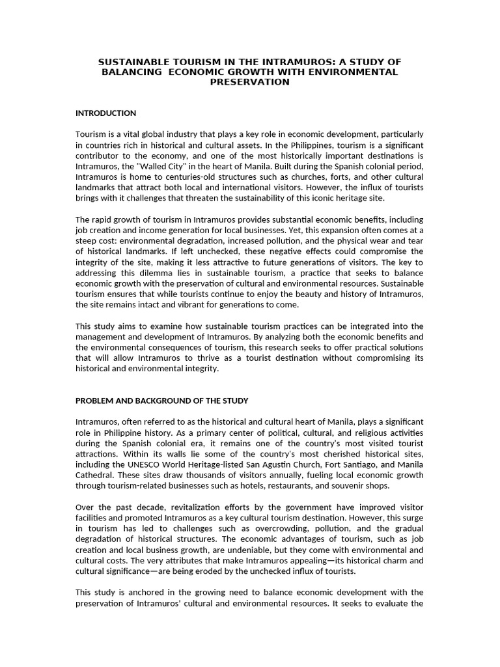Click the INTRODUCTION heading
105,113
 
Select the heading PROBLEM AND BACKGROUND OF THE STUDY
161,400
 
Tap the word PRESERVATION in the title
249,83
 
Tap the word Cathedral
94,475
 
